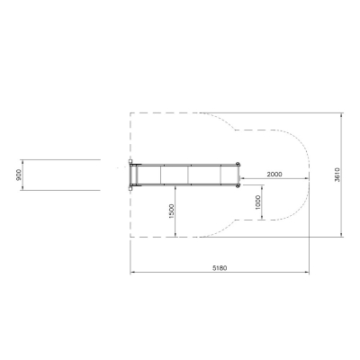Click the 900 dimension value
tap(19, 175)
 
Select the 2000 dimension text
tap(274, 174)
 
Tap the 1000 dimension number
tap(257, 202)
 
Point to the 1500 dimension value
tap(171, 211)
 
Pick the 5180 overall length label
tap(220, 268)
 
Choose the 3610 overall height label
tap(337, 175)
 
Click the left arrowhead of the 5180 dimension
tap(132, 273)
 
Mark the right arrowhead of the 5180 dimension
tap(307, 273)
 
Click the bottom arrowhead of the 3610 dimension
tap(341, 234)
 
